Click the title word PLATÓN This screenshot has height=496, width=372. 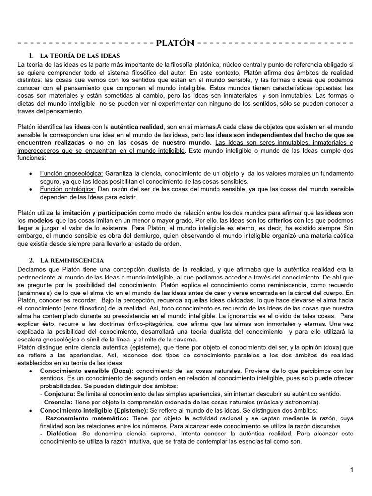[x=175, y=43]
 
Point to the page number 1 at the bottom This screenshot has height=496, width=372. [x=352, y=470]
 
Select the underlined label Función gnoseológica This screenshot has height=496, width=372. [x=71, y=173]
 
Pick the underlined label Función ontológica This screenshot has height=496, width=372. [x=68, y=189]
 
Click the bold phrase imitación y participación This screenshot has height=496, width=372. [x=99, y=213]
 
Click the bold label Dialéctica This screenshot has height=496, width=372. [x=60, y=434]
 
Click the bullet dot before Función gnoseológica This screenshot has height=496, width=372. [x=31, y=173]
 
